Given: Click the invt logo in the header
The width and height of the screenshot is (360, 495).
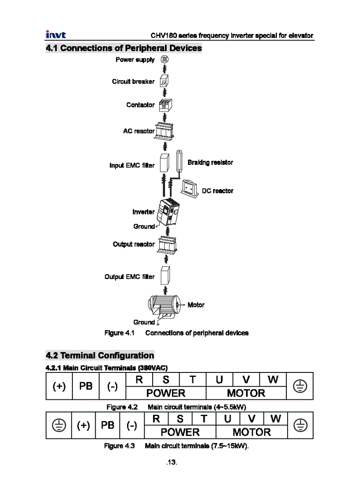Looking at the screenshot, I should point(56,35).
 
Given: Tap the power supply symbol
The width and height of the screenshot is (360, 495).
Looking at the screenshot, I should point(164,59).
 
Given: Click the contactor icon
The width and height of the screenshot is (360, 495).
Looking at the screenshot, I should point(165,105).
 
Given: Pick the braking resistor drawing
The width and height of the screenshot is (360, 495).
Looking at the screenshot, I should point(180,162).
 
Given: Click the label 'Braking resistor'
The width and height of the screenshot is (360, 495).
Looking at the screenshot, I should point(210,163).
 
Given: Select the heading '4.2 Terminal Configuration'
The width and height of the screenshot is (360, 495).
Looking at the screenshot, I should point(100,355).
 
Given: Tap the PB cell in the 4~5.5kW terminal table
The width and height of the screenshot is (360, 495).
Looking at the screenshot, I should point(86,386).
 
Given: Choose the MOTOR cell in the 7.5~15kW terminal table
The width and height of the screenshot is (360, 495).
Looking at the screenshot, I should point(251,432).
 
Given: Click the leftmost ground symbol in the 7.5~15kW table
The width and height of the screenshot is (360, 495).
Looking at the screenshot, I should point(59,425).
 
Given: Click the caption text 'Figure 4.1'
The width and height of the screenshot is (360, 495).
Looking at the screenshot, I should point(119,333).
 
